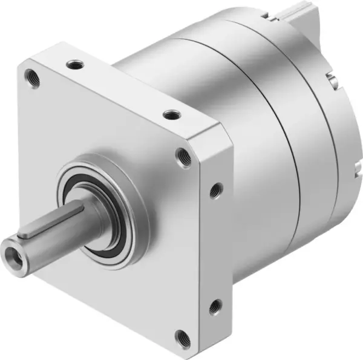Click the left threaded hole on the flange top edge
pos(74,62)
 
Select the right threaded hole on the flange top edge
pos(171,113)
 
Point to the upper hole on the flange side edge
pos(215,190)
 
